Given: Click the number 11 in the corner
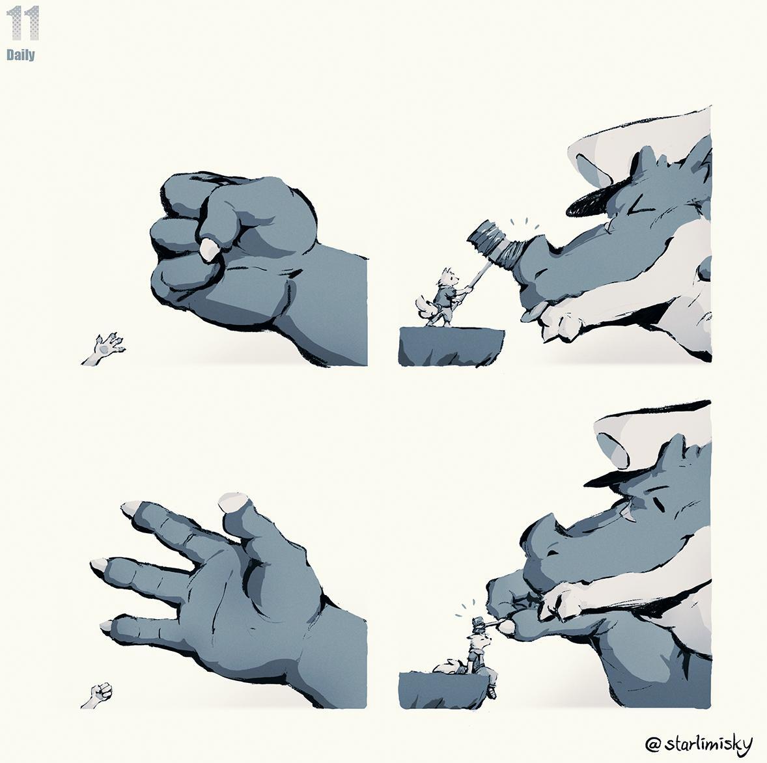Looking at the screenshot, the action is pyautogui.click(x=23, y=23).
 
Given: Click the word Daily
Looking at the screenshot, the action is pyautogui.click(x=21, y=54).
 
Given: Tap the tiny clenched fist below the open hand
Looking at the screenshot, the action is pyautogui.click(x=100, y=694).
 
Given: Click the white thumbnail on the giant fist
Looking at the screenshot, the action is pyautogui.click(x=209, y=249).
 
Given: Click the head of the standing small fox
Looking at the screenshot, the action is pyautogui.click(x=449, y=278).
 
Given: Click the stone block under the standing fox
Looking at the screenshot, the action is pyautogui.click(x=451, y=346).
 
